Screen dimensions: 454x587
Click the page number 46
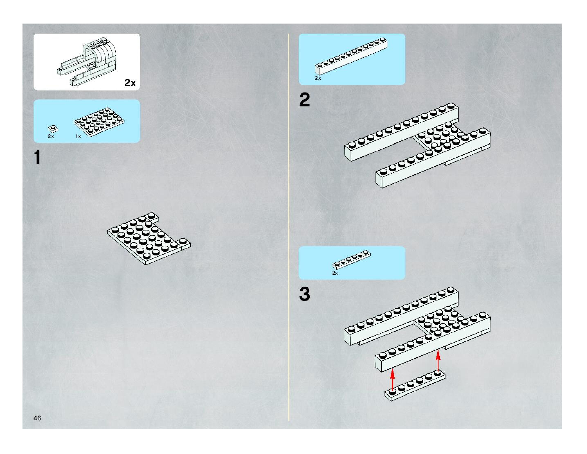coord(37,418)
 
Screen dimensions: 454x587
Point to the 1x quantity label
coord(78,136)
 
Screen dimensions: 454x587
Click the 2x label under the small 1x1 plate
coord(51,136)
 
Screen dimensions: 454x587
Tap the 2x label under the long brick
coord(318,78)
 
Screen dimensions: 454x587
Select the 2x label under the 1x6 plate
coord(335,273)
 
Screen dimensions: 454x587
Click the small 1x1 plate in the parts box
coord(53,129)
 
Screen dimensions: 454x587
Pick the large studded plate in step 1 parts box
coord(99,122)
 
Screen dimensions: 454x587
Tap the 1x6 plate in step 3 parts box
coord(351,260)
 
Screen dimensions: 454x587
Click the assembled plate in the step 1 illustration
coord(148,238)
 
